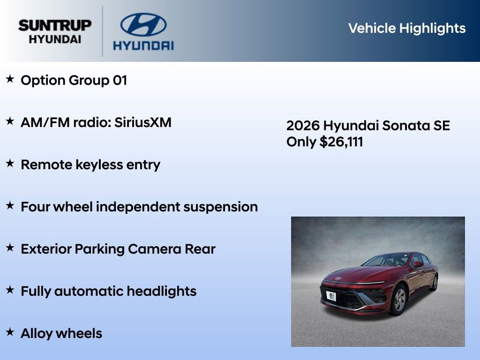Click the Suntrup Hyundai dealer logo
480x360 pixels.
[55, 31]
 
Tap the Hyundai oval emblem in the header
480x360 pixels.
[143, 25]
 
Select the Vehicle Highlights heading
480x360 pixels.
[407, 28]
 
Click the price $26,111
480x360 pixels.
[341, 142]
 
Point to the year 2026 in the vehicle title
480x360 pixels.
[303, 126]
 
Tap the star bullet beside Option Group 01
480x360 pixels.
[10, 79]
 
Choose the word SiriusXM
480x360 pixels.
[143, 123]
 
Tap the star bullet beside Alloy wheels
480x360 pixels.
[10, 332]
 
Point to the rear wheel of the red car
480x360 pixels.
[435, 283]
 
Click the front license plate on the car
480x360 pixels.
[331, 296]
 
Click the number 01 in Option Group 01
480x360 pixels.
[120, 81]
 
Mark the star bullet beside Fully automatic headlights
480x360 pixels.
[10, 290]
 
